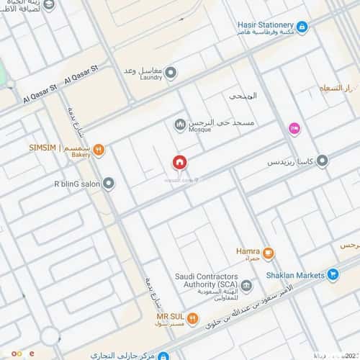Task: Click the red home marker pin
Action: [x=179, y=163]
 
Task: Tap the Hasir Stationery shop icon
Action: [x=302, y=27]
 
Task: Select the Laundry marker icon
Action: [x=171, y=73]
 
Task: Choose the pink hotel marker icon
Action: [x=294, y=128]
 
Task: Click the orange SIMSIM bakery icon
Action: [x=99, y=149]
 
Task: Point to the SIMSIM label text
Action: [x=42, y=148]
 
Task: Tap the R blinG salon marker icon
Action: [x=109, y=184]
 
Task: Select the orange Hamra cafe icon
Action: [x=268, y=252]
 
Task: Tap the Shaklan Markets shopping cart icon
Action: [x=333, y=274]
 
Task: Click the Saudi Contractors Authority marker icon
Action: [x=246, y=287]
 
